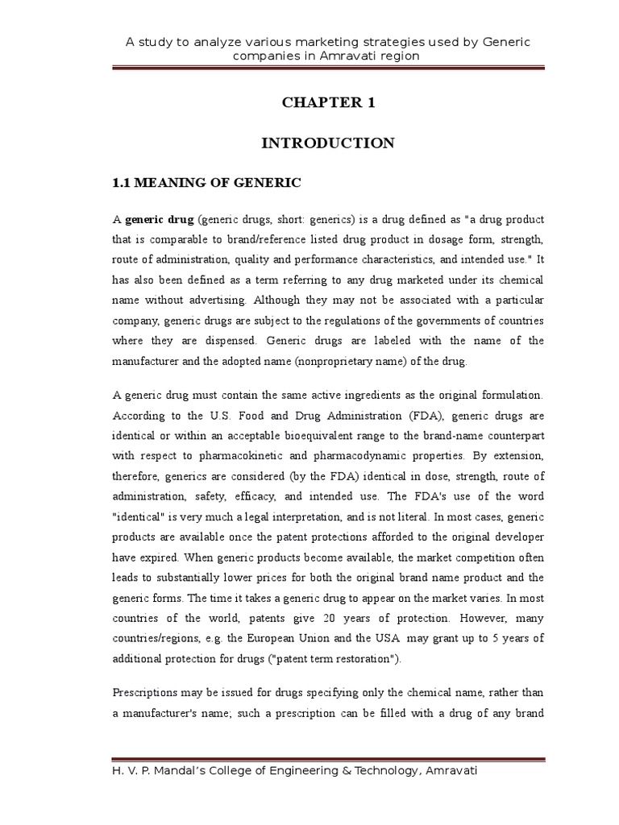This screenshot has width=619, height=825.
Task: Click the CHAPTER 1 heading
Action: click(x=328, y=102)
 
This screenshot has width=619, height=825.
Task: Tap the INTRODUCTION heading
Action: click(x=328, y=143)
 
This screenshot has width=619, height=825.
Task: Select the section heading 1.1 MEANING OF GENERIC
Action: click(x=206, y=184)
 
